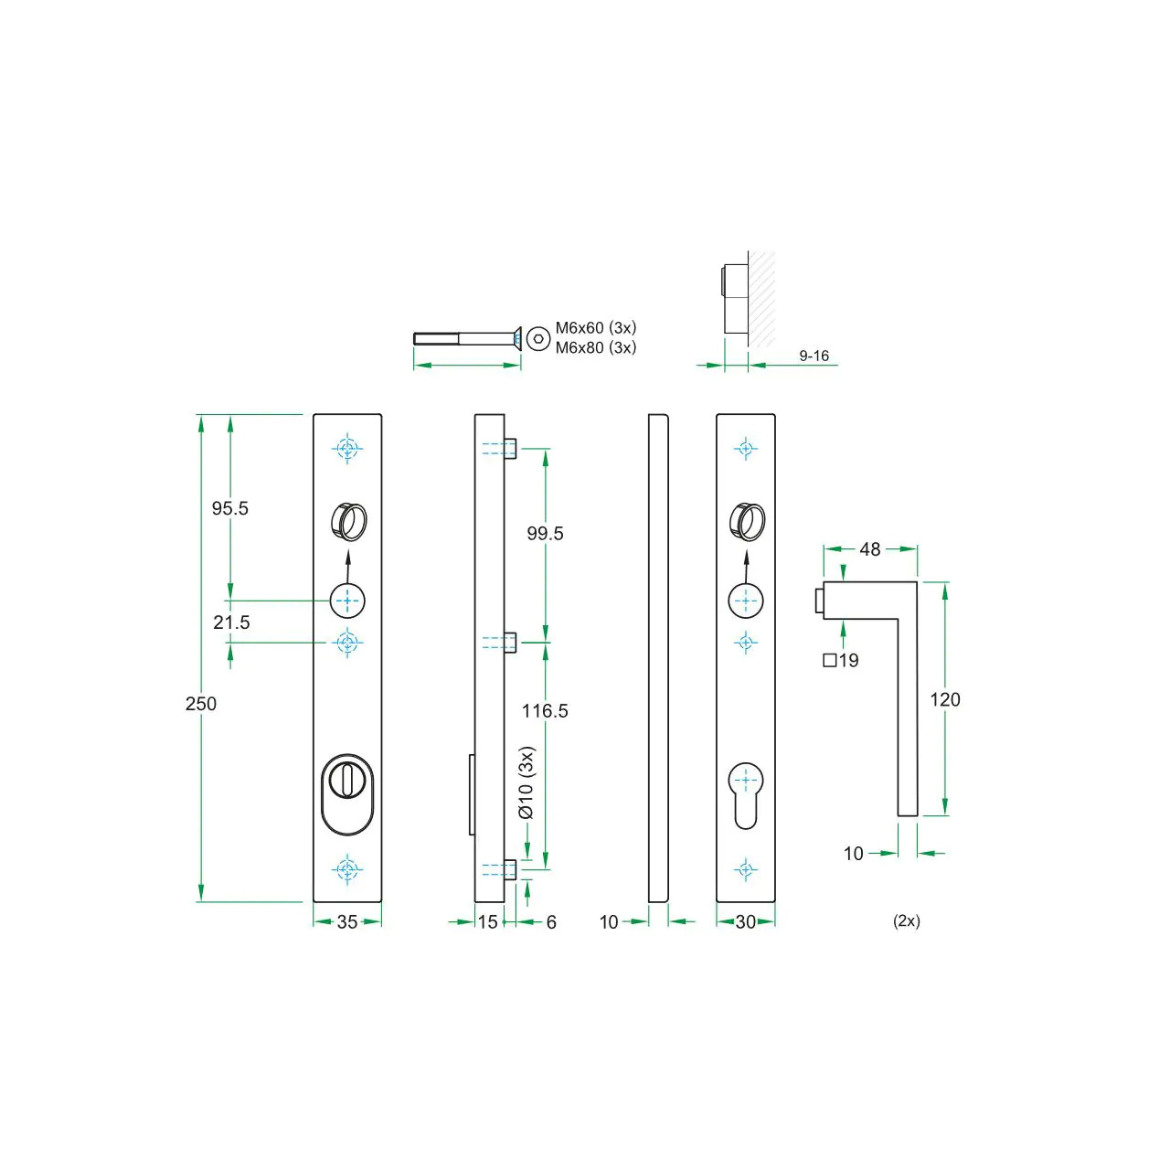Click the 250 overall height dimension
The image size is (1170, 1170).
[x=201, y=704]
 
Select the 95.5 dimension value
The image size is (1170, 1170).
[x=230, y=508]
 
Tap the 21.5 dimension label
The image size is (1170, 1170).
[x=231, y=622]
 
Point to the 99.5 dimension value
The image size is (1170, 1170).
[x=545, y=534]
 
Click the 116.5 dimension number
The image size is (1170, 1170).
[x=545, y=711]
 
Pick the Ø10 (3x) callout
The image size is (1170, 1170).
[x=526, y=783]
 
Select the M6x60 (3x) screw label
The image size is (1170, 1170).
[x=596, y=327]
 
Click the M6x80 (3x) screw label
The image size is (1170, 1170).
[x=596, y=347]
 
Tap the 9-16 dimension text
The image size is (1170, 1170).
[x=814, y=356]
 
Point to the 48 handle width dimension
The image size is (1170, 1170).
[x=870, y=549]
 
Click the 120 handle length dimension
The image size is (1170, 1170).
[x=945, y=700]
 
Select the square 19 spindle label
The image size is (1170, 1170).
[x=841, y=661]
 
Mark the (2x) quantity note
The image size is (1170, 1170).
[x=907, y=921]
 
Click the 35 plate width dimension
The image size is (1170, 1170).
[x=347, y=922]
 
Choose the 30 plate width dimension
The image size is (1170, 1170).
[x=746, y=922]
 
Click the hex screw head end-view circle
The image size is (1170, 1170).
[x=539, y=339]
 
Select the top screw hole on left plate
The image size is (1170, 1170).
[x=347, y=449]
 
